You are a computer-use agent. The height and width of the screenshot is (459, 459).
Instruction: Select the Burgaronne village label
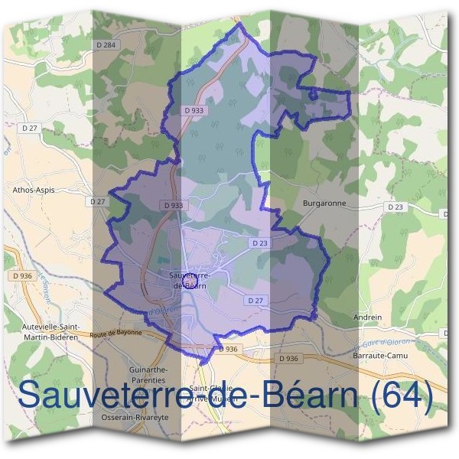click(324, 204)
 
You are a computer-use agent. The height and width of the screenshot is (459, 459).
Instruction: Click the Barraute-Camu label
click(380, 355)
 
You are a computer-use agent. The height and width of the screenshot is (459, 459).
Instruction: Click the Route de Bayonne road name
click(116, 333)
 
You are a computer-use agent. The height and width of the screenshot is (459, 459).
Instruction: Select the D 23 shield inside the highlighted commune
click(259, 243)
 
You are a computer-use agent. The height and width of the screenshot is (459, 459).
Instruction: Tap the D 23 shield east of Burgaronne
click(395, 207)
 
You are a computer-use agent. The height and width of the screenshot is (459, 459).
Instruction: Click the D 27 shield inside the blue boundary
click(256, 301)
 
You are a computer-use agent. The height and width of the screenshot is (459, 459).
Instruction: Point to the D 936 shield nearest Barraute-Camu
click(288, 358)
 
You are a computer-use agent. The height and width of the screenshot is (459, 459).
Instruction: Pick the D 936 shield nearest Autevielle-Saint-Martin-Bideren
click(22, 275)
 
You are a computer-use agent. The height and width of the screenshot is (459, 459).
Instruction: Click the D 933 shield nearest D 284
click(194, 110)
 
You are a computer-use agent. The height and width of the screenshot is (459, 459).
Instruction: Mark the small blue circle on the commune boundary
click(312, 94)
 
